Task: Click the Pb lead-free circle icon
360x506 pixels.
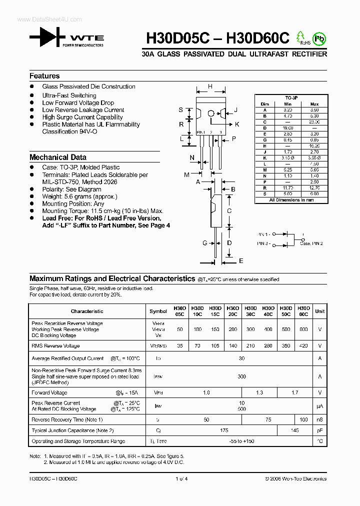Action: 319,38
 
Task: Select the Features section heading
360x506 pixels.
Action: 44,76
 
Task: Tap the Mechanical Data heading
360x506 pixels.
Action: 57,157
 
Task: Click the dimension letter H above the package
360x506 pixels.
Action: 210,86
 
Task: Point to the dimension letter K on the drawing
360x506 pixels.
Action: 237,124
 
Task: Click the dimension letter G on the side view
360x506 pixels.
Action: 205,243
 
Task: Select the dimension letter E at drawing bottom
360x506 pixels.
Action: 240,261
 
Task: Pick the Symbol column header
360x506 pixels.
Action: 158,311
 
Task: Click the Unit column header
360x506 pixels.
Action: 320,311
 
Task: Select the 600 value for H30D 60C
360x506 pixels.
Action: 303,329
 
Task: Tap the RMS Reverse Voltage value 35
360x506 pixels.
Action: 180,345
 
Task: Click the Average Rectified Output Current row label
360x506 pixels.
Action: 67,358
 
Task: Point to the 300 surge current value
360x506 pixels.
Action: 241,376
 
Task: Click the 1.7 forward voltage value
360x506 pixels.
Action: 294,393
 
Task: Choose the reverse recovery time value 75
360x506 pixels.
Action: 268,419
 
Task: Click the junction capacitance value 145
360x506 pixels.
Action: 294,430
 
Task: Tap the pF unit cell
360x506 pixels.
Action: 320,430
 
